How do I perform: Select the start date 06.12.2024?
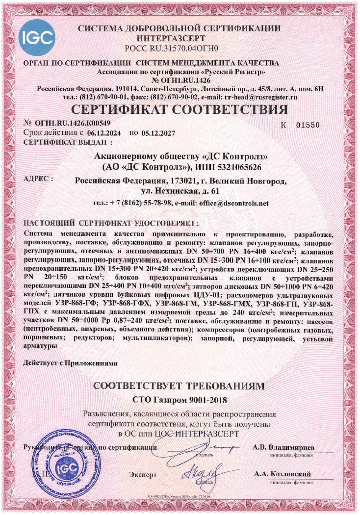(106, 133)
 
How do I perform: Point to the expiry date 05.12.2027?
(158, 133)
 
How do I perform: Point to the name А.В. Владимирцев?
(284, 447)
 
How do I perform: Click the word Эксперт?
(143, 475)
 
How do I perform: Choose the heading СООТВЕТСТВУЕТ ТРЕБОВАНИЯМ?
(181, 386)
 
